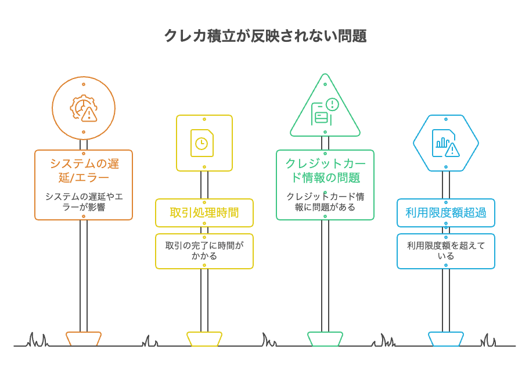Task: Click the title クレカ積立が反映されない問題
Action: pyautogui.click(x=265, y=35)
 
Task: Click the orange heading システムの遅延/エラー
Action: pyautogui.click(x=84, y=170)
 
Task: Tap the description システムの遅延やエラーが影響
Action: pyautogui.click(x=84, y=201)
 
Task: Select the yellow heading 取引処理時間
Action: pyautogui.click(x=204, y=213)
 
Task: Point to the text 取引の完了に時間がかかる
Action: pyautogui.click(x=204, y=251)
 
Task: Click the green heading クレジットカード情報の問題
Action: pyautogui.click(x=325, y=170)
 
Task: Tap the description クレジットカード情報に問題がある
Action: pyautogui.click(x=325, y=201)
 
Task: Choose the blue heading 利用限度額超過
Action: pyautogui.click(x=445, y=213)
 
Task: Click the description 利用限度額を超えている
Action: pyautogui.click(x=445, y=251)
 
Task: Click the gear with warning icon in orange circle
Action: pyautogui.click(x=84, y=108)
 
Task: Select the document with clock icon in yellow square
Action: pyautogui.click(x=202, y=143)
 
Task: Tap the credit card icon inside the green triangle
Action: pyautogui.click(x=321, y=117)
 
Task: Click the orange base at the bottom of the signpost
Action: pyautogui.click(x=84, y=338)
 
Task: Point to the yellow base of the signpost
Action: pyautogui.click(x=204, y=338)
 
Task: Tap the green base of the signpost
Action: pyautogui.click(x=325, y=338)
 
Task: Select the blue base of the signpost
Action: pyautogui.click(x=445, y=338)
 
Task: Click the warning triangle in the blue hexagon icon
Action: pyautogui.click(x=452, y=151)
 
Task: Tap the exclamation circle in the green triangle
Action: pyautogui.click(x=332, y=105)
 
